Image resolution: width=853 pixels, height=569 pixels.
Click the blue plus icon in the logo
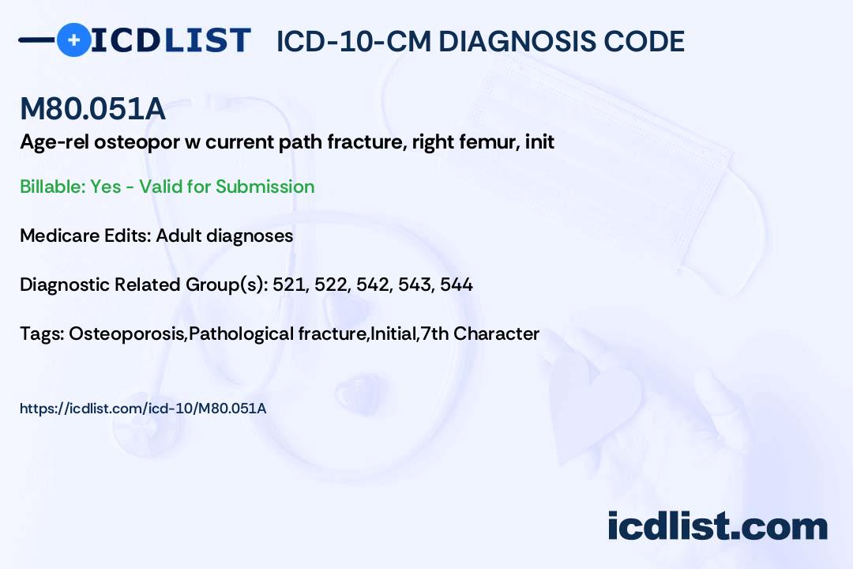[x=73, y=40]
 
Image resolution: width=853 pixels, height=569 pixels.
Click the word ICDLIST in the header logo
[x=171, y=40]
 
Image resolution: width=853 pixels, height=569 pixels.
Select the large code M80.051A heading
[x=92, y=108]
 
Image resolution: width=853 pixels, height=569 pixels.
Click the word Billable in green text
[x=52, y=187]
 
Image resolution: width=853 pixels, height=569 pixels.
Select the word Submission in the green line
[x=265, y=187]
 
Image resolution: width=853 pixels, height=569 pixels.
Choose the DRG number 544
[x=457, y=284]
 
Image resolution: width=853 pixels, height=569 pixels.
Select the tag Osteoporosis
[x=126, y=333]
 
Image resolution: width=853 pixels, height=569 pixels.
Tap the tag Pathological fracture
[x=277, y=333]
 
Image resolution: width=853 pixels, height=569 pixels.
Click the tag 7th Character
[x=480, y=333]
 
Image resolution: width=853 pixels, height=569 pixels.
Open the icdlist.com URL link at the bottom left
[x=143, y=409]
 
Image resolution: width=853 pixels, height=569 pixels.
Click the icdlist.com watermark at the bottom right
[x=717, y=526]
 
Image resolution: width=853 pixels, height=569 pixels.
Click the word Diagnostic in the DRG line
[x=64, y=284]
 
